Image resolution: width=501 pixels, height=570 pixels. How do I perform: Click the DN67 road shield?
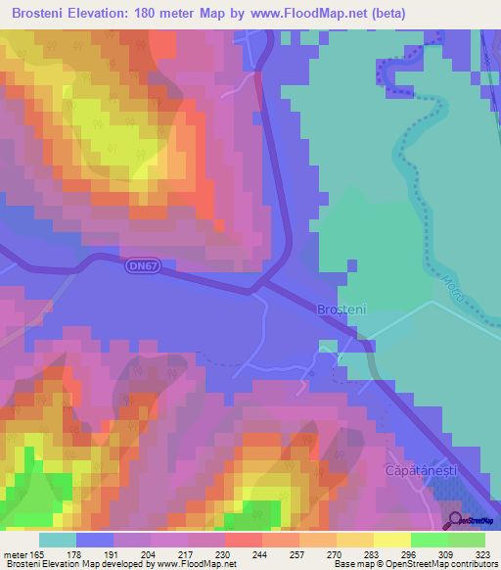point(142,265)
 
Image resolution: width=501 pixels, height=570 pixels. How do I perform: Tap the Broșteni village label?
point(342,309)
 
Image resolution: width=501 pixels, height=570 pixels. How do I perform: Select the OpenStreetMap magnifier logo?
point(455,522)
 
